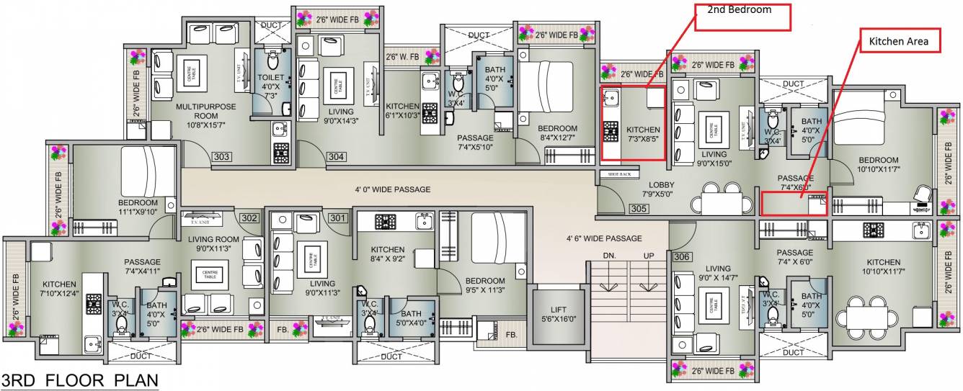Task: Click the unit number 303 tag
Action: tap(222, 156)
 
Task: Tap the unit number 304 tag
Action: tap(336, 156)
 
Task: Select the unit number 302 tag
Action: tap(249, 217)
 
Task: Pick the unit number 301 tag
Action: tap(337, 217)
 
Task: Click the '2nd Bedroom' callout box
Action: tap(742, 17)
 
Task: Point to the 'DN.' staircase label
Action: tap(609, 256)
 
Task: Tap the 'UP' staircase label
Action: tap(648, 256)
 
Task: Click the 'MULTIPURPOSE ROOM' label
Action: tap(206, 111)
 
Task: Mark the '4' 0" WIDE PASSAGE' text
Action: tap(393, 189)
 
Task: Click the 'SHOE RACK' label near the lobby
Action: tap(619, 174)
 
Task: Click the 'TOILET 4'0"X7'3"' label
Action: tap(272, 86)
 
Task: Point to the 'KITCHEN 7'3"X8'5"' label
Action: tap(643, 135)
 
